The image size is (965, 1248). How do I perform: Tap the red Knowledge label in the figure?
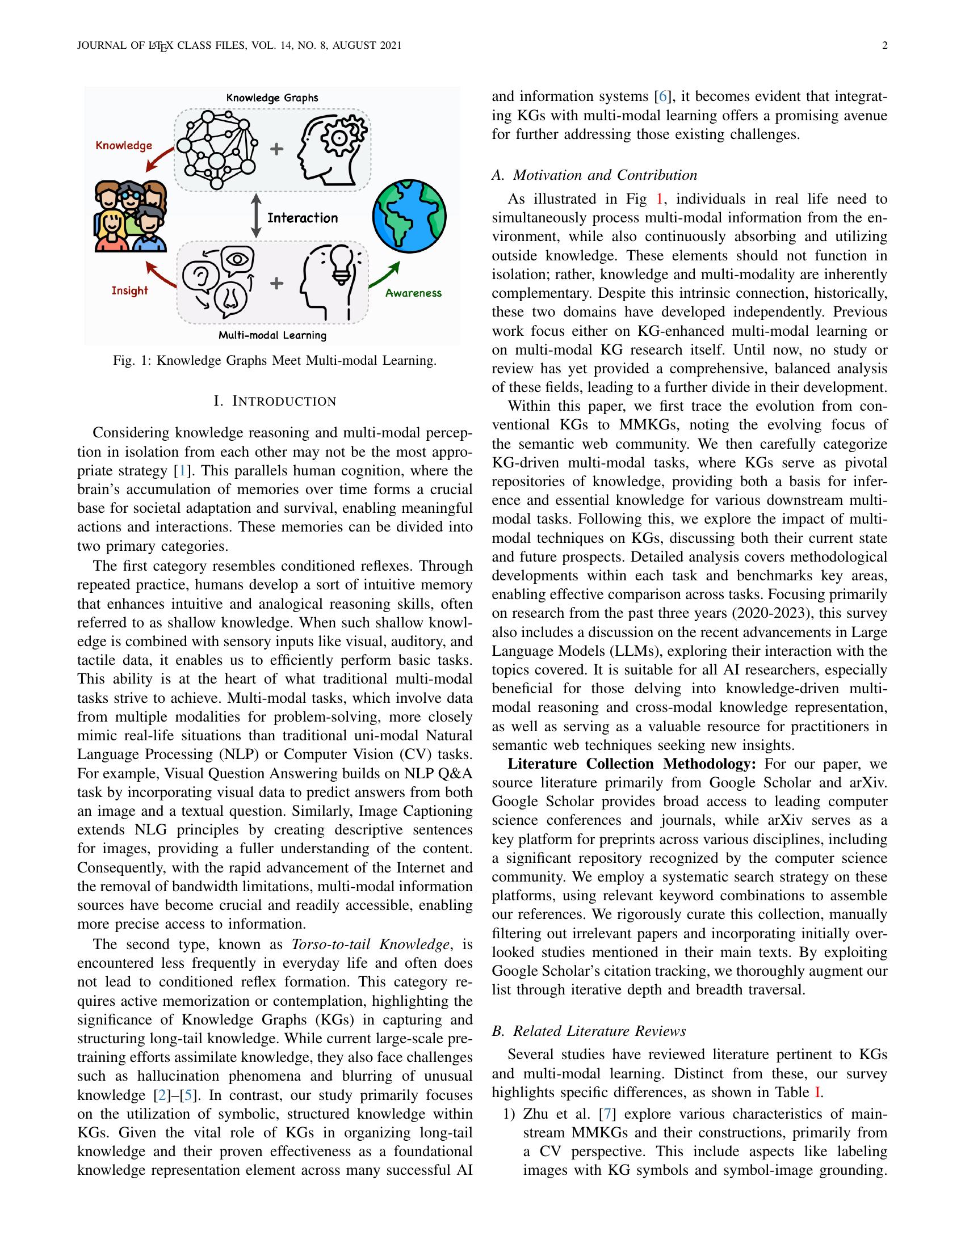click(x=124, y=145)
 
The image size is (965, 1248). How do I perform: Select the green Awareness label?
click(x=413, y=293)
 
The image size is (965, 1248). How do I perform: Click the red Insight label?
click(x=130, y=290)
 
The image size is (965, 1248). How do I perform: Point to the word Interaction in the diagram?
click(x=303, y=218)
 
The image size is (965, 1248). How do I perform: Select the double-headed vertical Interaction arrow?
click(x=256, y=217)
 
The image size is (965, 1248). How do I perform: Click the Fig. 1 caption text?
click(x=274, y=361)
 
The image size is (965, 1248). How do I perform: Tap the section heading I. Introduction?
click(x=274, y=401)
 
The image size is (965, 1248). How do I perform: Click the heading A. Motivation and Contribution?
click(x=594, y=175)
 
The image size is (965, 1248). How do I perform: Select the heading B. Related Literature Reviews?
click(x=589, y=1031)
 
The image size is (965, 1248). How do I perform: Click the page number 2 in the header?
click(x=884, y=46)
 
